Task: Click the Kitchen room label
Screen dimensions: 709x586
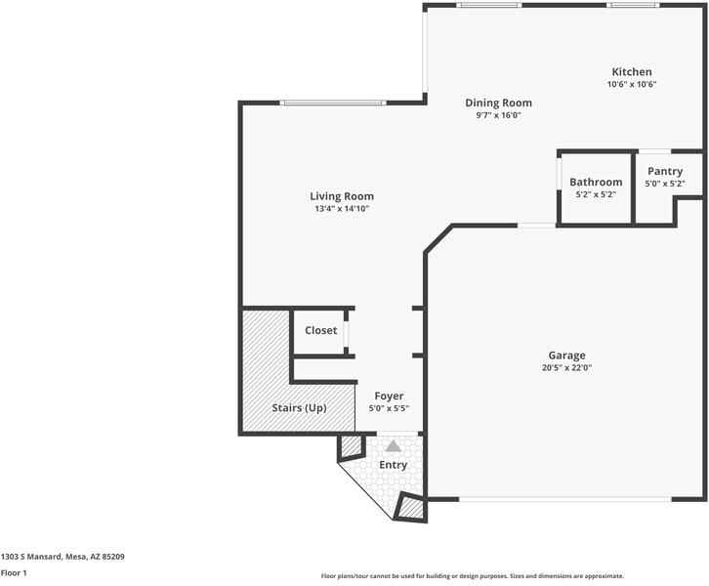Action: [632, 72]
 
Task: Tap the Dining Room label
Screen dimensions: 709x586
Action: [498, 104]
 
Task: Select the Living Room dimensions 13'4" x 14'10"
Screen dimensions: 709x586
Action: [342, 209]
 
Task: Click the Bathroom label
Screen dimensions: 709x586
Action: [596, 183]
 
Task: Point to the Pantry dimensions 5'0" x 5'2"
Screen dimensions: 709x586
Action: [665, 184]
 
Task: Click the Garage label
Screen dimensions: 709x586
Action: [567, 356]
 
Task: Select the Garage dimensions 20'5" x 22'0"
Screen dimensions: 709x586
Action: [567, 367]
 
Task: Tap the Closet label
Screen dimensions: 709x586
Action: [321, 330]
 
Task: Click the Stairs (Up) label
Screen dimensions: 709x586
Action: [300, 408]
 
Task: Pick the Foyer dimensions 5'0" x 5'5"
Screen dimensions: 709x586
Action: [389, 408]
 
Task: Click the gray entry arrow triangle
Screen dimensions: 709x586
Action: [394, 446]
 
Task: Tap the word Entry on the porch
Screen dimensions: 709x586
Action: [394, 465]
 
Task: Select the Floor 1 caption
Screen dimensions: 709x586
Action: [14, 573]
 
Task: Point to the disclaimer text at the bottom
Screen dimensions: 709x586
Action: [473, 576]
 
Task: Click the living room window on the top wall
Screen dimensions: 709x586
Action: [333, 104]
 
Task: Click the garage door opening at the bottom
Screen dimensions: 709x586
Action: [565, 499]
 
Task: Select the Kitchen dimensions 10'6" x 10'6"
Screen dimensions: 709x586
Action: [632, 84]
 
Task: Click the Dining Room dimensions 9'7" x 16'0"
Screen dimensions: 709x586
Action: [498, 115]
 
